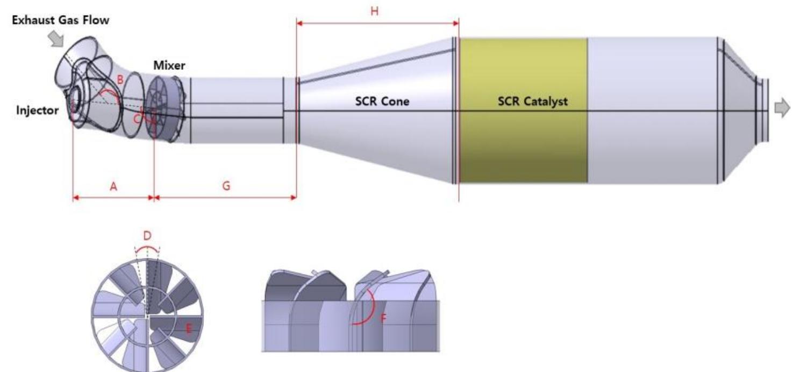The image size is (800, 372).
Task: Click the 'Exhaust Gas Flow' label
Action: (61, 20)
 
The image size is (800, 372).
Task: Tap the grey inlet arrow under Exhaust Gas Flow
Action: (56, 39)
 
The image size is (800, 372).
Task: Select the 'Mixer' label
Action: (169, 66)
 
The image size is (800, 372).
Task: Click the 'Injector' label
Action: (38, 110)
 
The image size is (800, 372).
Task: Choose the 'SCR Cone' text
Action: (382, 101)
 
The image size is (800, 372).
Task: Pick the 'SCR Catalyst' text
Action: (532, 102)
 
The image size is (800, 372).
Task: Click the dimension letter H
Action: (374, 11)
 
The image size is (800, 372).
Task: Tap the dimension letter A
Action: (113, 186)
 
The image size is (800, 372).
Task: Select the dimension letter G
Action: (226, 186)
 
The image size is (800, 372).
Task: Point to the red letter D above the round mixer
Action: (147, 236)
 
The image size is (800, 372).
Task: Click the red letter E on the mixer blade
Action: (189, 328)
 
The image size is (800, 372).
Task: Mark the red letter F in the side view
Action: (383, 318)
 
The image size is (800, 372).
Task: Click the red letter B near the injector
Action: (120, 80)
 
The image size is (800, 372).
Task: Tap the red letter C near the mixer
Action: (137, 119)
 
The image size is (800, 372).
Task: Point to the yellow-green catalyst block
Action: (523, 110)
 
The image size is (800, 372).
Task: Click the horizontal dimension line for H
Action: (377, 24)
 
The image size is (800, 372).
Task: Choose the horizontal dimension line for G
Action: (225, 198)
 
